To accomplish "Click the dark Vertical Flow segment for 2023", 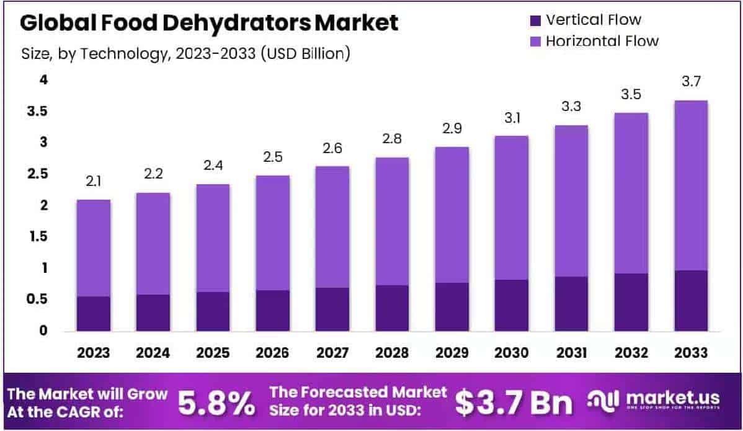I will [x=94, y=313].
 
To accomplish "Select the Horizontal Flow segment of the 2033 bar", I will [x=691, y=185].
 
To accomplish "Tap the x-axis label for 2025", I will [x=213, y=353].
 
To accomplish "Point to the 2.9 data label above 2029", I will [x=452, y=128].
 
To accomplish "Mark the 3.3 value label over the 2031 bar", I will [x=571, y=107].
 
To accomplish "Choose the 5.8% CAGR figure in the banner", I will [x=216, y=402].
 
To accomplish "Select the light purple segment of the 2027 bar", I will [x=332, y=226].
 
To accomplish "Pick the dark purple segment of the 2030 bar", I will [x=512, y=304].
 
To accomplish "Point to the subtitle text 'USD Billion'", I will [x=305, y=54].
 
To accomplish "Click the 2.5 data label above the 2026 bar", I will [x=273, y=157].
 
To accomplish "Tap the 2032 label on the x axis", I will [x=631, y=353].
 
